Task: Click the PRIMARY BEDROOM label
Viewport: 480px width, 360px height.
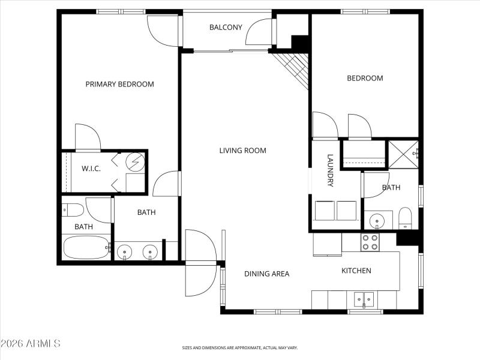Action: (x=119, y=84)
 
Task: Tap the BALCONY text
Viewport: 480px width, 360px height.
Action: (x=226, y=28)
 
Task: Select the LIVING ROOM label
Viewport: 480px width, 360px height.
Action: (x=242, y=151)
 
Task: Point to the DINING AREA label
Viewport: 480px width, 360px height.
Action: (x=266, y=274)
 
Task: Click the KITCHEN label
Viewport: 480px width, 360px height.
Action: (x=356, y=271)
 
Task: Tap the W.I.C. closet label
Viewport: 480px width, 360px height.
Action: (x=91, y=169)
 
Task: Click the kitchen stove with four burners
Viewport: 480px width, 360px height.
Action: (x=369, y=242)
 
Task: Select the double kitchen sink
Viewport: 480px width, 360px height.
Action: (x=364, y=298)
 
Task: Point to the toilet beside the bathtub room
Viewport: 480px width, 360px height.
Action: (x=73, y=210)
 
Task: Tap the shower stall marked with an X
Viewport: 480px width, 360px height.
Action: (x=403, y=154)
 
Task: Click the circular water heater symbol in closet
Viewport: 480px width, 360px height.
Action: (x=136, y=161)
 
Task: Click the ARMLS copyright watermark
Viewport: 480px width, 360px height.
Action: (x=31, y=344)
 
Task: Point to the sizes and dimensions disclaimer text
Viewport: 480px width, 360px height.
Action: (x=240, y=347)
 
